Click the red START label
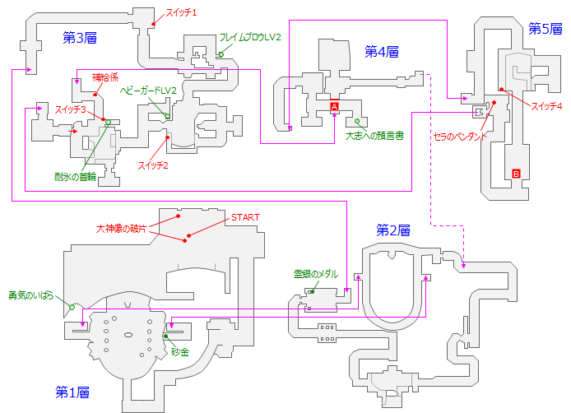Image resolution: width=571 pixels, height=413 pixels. (246, 217)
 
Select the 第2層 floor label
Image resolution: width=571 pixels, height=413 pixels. (393, 230)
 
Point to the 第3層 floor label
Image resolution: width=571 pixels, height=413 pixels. (80, 37)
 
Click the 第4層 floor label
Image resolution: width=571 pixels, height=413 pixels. (382, 51)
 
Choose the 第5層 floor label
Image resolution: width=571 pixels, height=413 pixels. (545, 29)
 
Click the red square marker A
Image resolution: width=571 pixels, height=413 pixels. (335, 107)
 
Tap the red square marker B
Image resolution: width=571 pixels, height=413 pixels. (516, 173)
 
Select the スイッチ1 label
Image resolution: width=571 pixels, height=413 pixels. (182, 12)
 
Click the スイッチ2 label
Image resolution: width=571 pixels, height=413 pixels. (153, 165)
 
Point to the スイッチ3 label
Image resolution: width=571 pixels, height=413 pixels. (72, 109)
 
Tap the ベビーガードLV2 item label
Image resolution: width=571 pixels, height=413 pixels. (149, 90)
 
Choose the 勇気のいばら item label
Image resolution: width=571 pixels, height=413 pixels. (31, 295)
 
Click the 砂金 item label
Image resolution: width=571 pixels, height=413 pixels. (180, 351)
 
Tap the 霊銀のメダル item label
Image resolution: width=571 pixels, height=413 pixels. (316, 274)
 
